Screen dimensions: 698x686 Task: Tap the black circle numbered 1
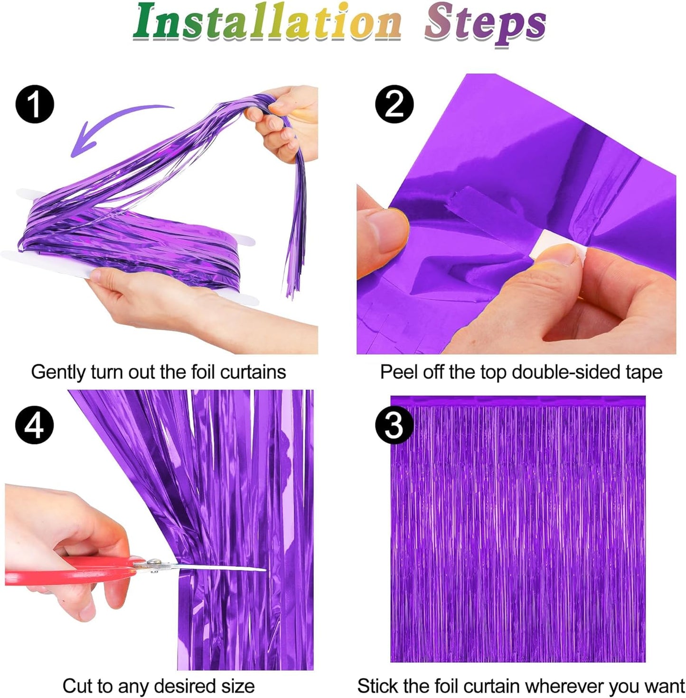pos(35,104)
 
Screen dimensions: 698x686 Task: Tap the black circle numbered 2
pos(395,104)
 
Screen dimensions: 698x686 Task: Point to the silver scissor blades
pos(214,567)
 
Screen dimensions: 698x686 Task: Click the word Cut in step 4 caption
pos(77,686)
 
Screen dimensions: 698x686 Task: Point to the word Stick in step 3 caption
pos(378,686)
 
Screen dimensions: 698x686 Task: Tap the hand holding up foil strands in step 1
pos(285,119)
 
